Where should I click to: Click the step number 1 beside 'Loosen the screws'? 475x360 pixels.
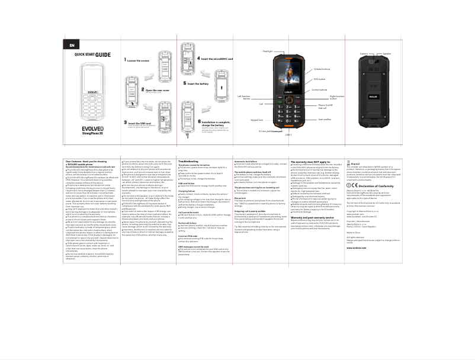pyautogui.click(x=125, y=60)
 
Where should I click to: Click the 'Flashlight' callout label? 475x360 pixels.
pyautogui.click(x=268, y=52)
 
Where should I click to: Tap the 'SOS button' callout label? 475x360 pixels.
pyautogui.click(x=320, y=79)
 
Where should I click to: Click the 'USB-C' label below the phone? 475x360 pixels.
pyautogui.click(x=289, y=134)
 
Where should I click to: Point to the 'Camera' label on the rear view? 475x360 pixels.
pyautogui.click(x=364, y=53)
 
